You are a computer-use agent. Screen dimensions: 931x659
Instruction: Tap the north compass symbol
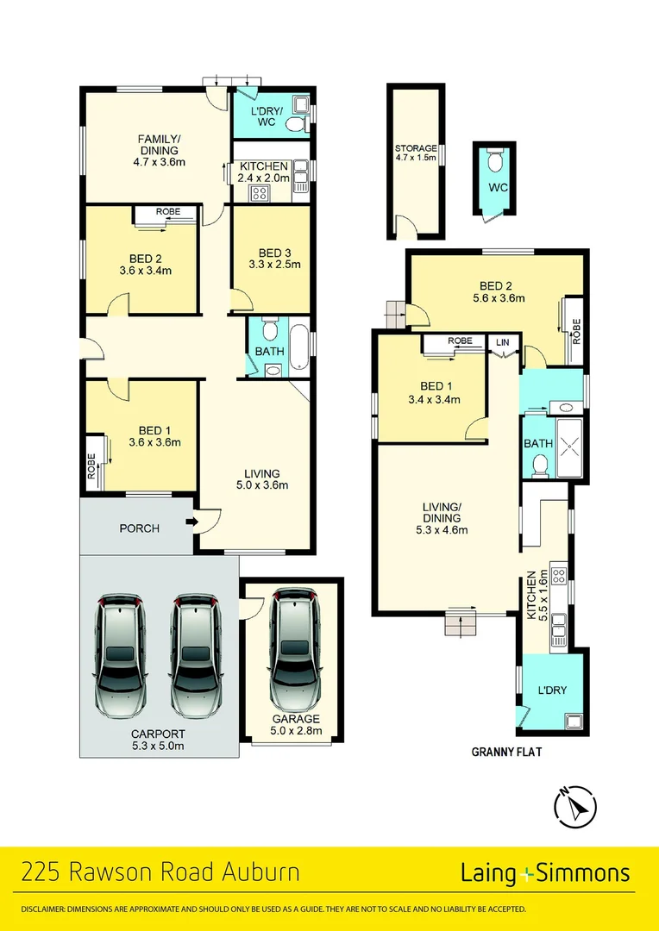[x=574, y=807]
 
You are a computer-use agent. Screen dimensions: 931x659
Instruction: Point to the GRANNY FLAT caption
[x=505, y=752]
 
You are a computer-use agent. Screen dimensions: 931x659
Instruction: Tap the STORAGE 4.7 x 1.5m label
[x=416, y=153]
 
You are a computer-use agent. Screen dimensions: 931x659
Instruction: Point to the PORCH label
[x=139, y=528]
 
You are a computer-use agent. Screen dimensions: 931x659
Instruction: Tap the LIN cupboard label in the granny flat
[x=502, y=342]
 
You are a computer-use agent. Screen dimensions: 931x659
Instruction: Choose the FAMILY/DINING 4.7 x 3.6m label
[x=160, y=150]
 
